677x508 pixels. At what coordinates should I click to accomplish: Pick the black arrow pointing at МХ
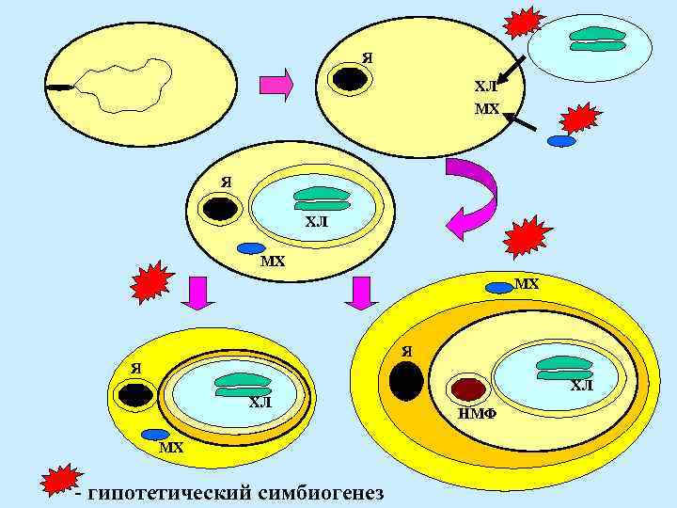pyautogui.click(x=522, y=121)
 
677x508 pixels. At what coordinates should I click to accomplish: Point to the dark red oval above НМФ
pyautogui.click(x=468, y=389)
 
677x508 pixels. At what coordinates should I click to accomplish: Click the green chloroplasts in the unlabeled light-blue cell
pyautogui.click(x=599, y=38)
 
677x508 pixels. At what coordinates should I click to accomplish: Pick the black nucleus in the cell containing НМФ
pyautogui.click(x=406, y=381)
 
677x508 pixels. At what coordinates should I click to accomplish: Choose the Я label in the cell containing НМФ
pyautogui.click(x=407, y=352)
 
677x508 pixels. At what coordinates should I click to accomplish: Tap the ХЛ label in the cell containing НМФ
pyautogui.click(x=582, y=386)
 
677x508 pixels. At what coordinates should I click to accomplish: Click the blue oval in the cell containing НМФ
pyautogui.click(x=498, y=287)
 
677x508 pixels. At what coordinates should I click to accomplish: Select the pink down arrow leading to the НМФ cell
pyautogui.click(x=361, y=293)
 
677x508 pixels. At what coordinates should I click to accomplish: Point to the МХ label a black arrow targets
pyautogui.click(x=486, y=109)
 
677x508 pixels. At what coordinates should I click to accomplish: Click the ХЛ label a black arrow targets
pyautogui.click(x=485, y=87)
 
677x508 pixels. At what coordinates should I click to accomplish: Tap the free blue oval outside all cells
pyautogui.click(x=561, y=141)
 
